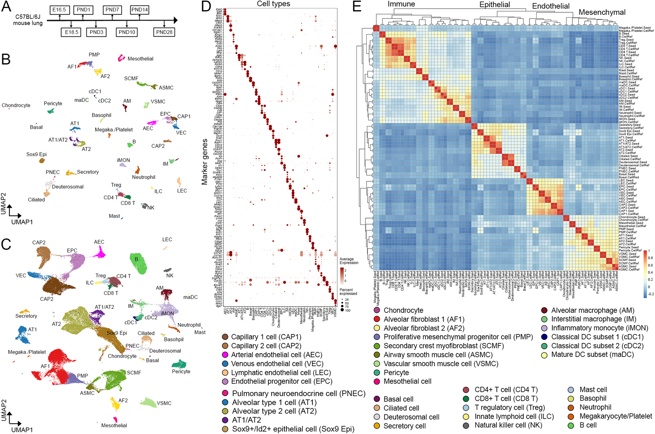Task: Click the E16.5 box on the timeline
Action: coord(59,10)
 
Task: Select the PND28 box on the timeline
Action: coord(164,32)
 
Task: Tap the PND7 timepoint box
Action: coord(112,10)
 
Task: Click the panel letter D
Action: coord(206,6)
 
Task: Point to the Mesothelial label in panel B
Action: coord(140,59)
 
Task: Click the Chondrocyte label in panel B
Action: coord(16,105)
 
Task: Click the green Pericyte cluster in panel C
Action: coord(179,364)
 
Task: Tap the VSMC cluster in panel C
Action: coord(148,402)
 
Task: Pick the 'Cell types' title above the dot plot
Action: coord(274,4)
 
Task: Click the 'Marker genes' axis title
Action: coord(204,162)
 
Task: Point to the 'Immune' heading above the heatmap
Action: coord(401,4)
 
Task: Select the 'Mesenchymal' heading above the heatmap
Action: coord(602,12)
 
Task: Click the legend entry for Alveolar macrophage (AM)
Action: coord(592,310)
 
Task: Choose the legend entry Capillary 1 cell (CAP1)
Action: coord(266,337)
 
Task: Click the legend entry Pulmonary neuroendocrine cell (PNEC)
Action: coord(298,393)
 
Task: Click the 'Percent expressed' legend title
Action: coord(348,291)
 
